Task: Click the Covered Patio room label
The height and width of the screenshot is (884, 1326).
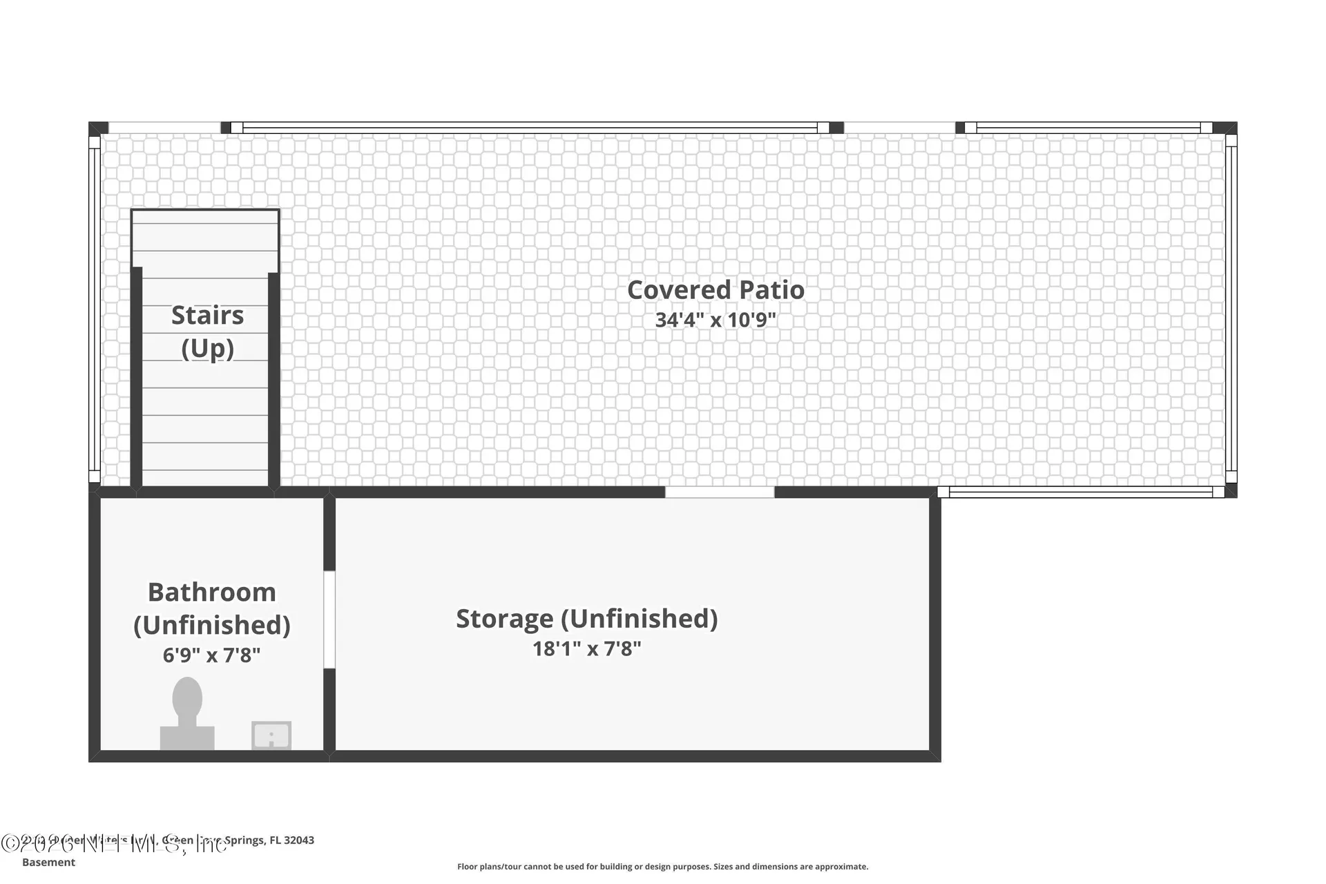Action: tap(715, 290)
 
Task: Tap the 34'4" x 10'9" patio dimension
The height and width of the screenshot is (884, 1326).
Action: tap(715, 320)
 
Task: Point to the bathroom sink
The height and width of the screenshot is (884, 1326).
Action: tap(271, 736)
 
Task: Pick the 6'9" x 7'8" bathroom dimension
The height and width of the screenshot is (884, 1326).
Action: tap(211, 655)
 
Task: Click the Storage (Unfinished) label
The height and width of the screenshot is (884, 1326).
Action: tap(586, 619)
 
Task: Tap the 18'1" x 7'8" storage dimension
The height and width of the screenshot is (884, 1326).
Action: tap(586, 649)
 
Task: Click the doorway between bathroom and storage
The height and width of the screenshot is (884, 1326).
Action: tap(329, 619)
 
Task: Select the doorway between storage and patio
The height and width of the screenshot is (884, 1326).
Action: tap(719, 492)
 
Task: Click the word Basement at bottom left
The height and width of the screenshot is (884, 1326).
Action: tap(48, 862)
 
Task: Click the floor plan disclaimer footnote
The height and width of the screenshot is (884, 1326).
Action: tap(662, 867)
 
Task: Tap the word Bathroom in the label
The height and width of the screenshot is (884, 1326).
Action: tap(211, 593)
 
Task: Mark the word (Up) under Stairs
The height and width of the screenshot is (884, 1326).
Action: tap(207, 348)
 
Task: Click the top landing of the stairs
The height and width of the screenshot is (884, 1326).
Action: tap(205, 238)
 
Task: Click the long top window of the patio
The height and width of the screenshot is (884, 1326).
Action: tap(530, 128)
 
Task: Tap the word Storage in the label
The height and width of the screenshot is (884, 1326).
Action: tap(504, 619)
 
